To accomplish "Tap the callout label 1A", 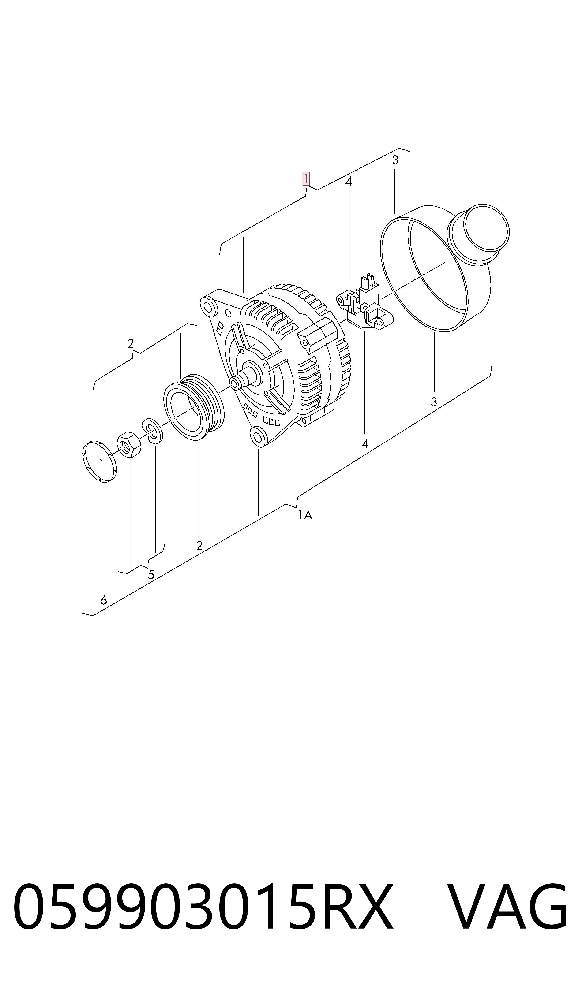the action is coord(305,515).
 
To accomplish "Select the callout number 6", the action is coord(104,600).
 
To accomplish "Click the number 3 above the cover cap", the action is coord(395,160).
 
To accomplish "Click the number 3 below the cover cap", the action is coord(434,402).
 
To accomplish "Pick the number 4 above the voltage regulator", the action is coord(348,182).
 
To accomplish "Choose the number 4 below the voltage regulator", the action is coord(365,444).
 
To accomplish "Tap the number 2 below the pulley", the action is coord(199,546).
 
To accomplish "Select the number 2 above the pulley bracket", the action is coord(131,343).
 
